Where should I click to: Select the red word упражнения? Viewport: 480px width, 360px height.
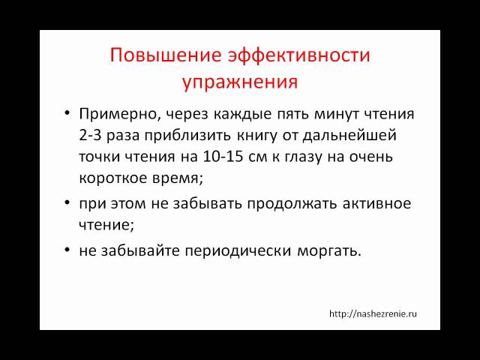pyautogui.click(x=240, y=80)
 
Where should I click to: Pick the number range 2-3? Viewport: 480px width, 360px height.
pyautogui.click(x=91, y=136)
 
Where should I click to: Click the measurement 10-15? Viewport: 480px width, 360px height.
pyautogui.click(x=201, y=157)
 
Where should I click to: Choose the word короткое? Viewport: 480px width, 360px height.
pyautogui.click(x=110, y=179)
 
